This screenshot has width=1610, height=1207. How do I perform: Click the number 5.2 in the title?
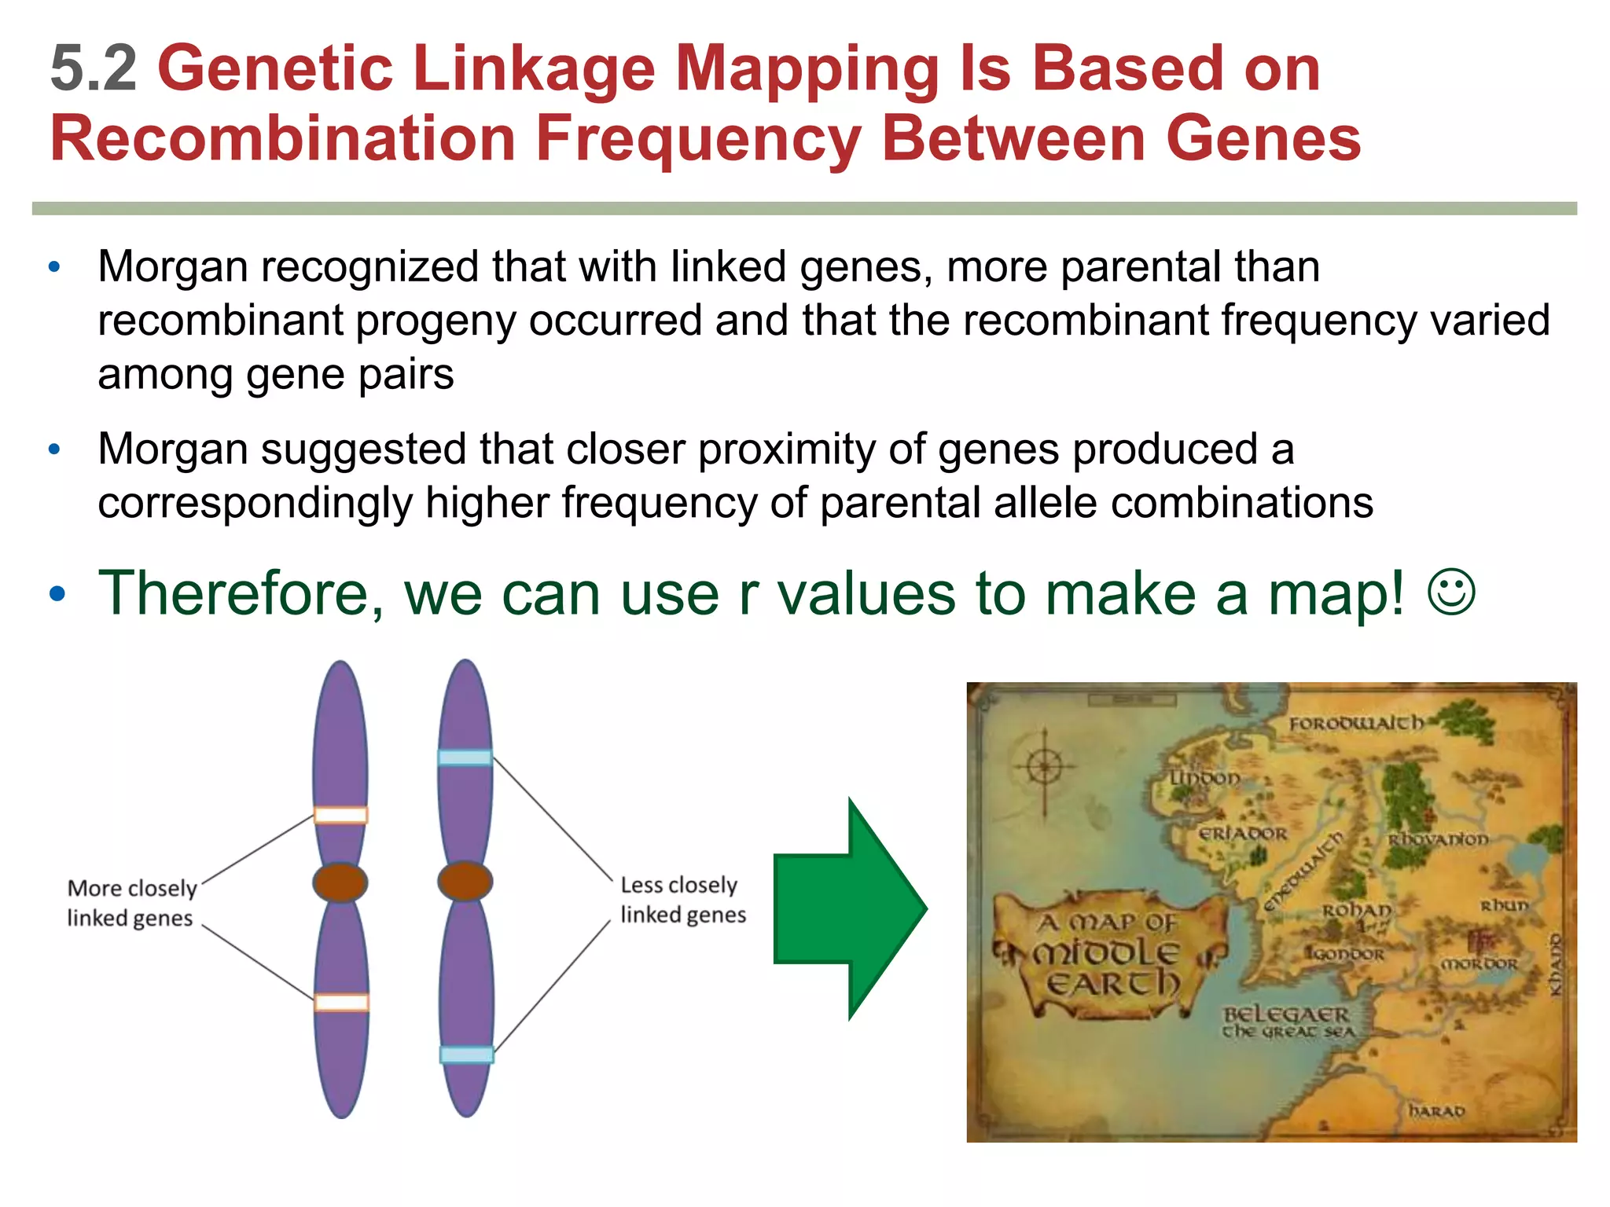93,69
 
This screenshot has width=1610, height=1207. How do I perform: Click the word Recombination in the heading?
282,138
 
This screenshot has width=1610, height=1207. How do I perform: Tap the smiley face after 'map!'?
1450,592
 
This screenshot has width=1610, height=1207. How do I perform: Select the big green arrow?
849,909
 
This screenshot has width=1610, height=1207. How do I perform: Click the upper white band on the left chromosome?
340,815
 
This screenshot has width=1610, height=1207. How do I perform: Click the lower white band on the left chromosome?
341,1002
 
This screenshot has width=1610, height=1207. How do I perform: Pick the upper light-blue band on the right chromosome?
465,758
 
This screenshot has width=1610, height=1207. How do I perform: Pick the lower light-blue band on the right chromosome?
466,1055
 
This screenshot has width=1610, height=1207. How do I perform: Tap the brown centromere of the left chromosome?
340,882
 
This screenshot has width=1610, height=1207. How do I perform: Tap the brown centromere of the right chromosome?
465,881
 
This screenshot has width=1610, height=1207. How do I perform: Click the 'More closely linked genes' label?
131,903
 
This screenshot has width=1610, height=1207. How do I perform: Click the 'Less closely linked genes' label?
682,900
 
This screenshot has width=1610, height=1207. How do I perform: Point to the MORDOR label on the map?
1479,963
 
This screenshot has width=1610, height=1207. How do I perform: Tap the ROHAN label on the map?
1356,911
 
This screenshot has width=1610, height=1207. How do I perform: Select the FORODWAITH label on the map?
1355,723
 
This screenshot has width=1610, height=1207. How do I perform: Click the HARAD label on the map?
1436,1111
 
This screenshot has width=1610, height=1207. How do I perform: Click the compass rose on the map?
1044,766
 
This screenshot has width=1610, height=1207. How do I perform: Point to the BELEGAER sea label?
1286,1014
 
